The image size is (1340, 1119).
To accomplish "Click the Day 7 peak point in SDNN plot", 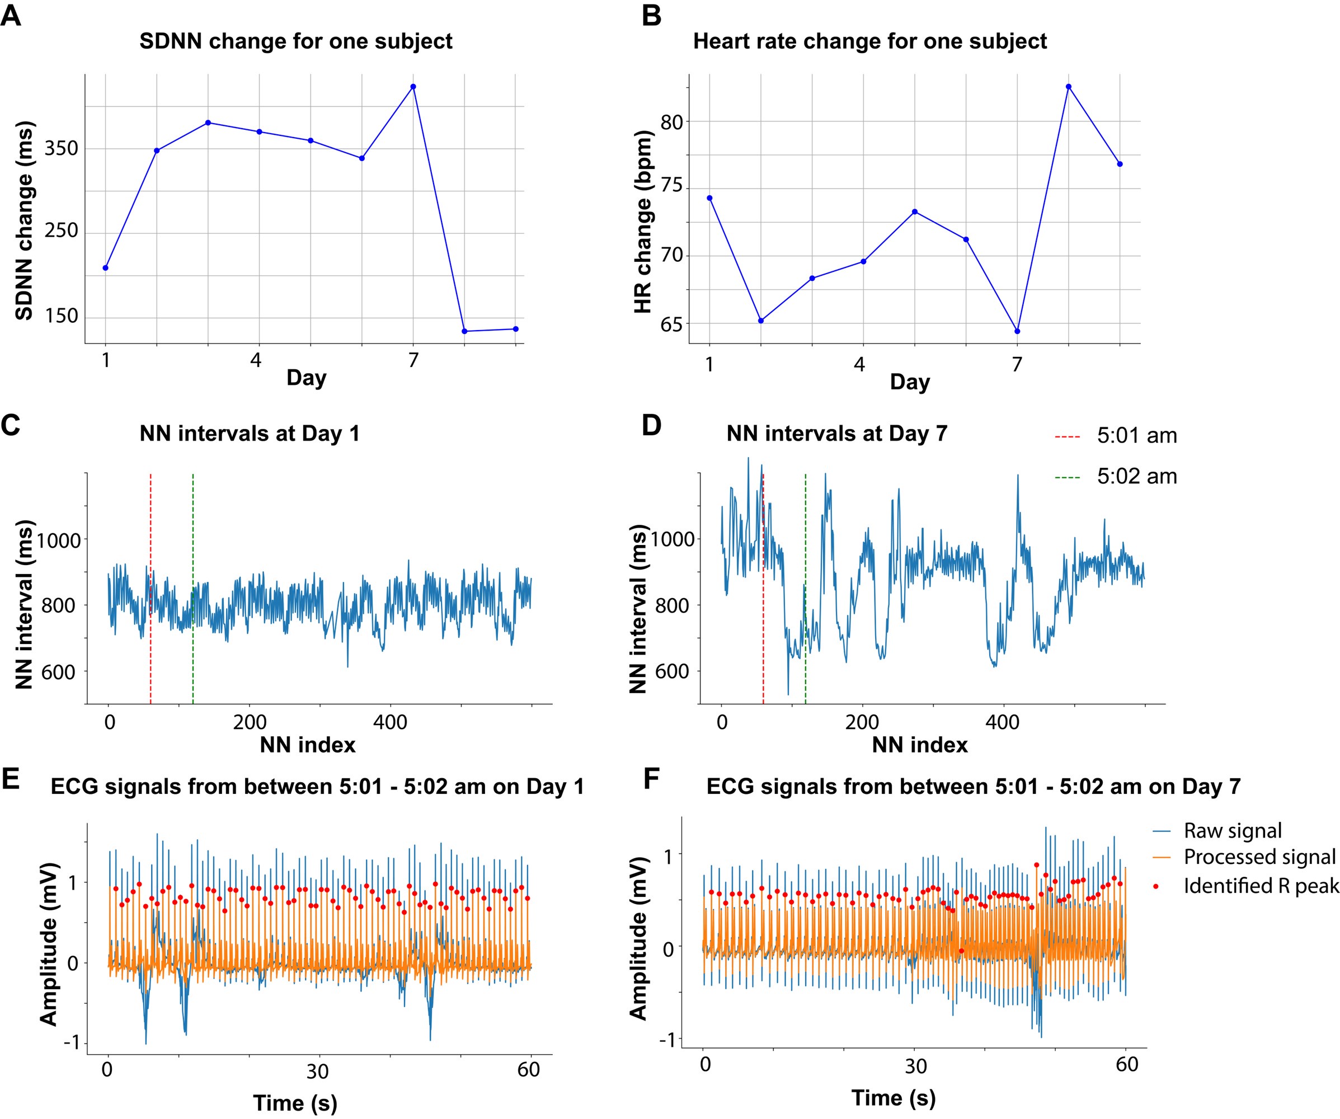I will pyautogui.click(x=413, y=87).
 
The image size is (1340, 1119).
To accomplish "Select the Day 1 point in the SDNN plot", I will pyautogui.click(x=105, y=268).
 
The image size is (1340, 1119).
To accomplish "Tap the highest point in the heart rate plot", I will pyautogui.click(x=1068, y=87).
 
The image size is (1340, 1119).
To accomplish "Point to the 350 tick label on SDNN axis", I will pyautogui.click(x=61, y=149).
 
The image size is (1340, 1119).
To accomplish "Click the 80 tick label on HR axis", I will pyautogui.click(x=671, y=122).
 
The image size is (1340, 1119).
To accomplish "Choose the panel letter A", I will pyautogui.click(x=11, y=15).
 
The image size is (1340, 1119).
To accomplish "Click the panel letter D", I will pyautogui.click(x=651, y=426).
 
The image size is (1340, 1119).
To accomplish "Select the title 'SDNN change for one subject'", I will pyautogui.click(x=295, y=41).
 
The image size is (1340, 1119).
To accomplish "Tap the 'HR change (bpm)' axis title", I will pyautogui.click(x=642, y=222).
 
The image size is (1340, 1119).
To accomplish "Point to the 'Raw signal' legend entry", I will pyautogui.click(x=1232, y=831).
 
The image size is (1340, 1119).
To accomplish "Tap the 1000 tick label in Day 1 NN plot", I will pyautogui.click(x=59, y=541).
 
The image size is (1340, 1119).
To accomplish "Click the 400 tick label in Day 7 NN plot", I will pyautogui.click(x=1002, y=722).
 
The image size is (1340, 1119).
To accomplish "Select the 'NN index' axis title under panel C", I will pyautogui.click(x=308, y=745).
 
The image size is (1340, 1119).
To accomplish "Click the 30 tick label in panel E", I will pyautogui.click(x=317, y=1070).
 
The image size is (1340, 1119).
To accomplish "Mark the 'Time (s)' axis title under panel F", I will pyautogui.click(x=894, y=1097).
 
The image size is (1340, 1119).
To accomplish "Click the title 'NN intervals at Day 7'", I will pyautogui.click(x=836, y=434).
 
